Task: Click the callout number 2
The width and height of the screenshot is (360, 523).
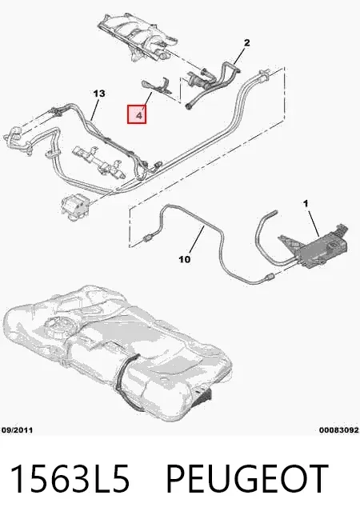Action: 246,43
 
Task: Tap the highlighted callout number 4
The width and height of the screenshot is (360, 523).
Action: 137,114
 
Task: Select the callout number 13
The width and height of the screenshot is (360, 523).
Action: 99,94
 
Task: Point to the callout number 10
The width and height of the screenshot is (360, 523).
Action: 185,259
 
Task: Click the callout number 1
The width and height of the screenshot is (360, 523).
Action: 306,203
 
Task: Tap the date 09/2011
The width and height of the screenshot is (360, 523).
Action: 18,430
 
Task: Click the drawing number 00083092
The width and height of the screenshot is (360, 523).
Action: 339,430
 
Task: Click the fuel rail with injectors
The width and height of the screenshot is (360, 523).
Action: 99,161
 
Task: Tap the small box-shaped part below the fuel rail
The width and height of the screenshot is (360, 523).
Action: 74,207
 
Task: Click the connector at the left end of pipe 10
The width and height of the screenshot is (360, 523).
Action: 147,238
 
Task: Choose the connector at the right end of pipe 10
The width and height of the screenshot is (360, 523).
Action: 269,276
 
